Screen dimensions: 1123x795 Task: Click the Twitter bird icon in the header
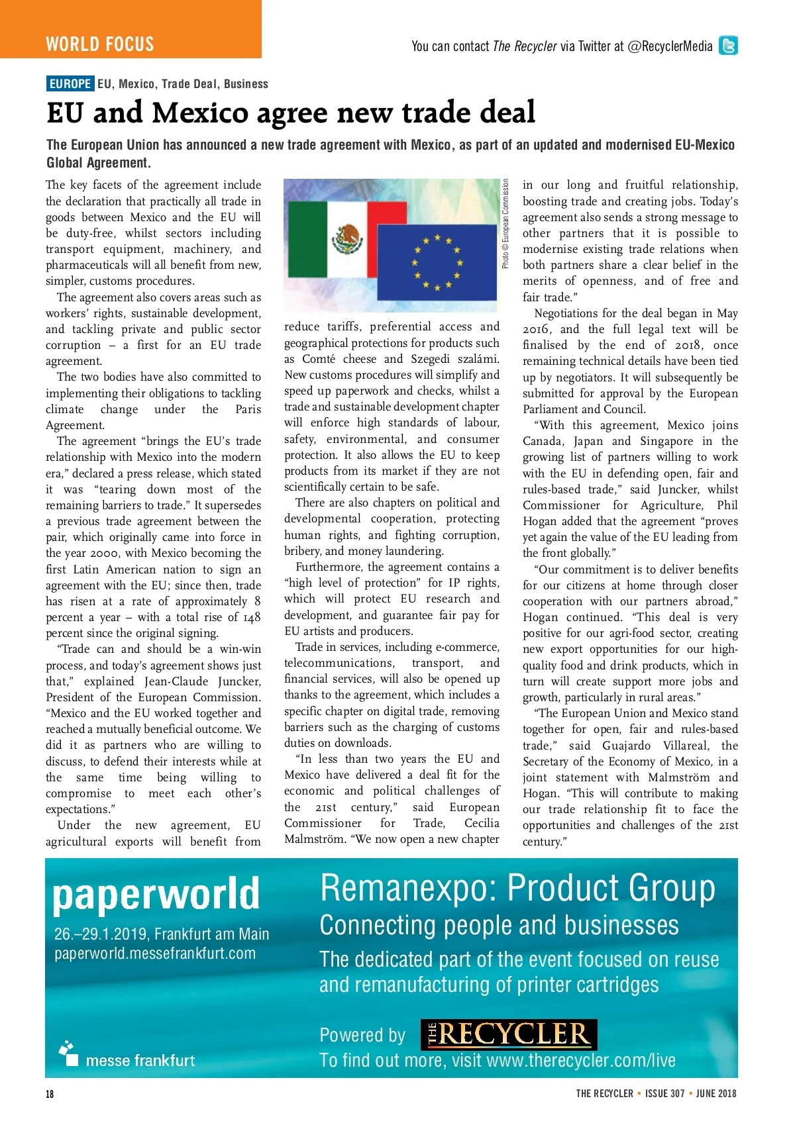728,46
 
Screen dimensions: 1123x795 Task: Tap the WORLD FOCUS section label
100,44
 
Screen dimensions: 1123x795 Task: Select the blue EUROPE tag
70,84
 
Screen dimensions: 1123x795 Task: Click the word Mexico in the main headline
200,113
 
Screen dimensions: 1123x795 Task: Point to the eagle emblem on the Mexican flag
348,238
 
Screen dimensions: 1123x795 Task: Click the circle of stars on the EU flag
437,262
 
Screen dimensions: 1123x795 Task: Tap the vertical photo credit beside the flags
505,224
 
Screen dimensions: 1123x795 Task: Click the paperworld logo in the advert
156,894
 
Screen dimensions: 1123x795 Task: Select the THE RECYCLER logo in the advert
509,1034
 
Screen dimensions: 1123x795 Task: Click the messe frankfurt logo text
140,1060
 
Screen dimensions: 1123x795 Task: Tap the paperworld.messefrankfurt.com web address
155,953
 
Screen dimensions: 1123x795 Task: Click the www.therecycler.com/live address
580,1061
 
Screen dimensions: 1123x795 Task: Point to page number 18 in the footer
50,1094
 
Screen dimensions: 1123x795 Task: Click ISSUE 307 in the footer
664,1094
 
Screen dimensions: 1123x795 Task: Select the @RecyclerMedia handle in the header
670,46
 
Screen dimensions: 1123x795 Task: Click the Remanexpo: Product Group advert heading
517,888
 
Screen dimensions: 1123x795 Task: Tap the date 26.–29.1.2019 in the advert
101,934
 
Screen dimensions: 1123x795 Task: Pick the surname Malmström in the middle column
317,839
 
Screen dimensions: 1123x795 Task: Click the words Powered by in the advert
362,1035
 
